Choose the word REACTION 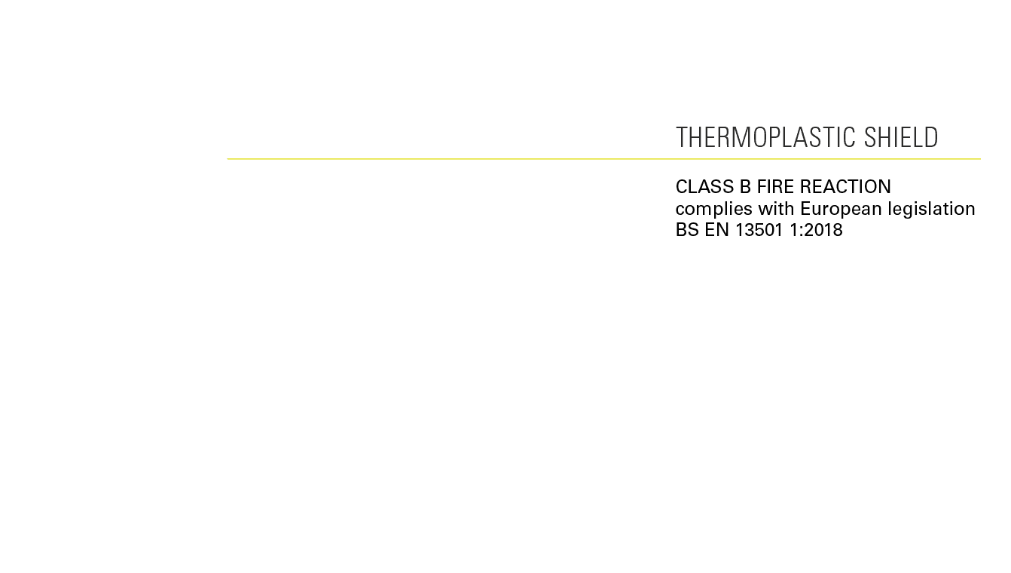click(x=845, y=187)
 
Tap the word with click(x=776, y=209)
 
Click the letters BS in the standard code click(x=687, y=231)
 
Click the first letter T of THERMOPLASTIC click(x=681, y=138)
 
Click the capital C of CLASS click(x=681, y=187)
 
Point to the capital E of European click(x=805, y=209)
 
